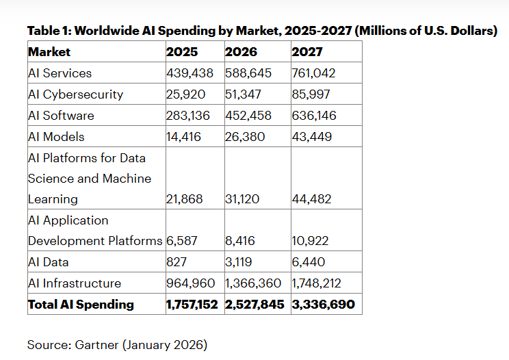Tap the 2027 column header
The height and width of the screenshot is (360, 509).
point(307,52)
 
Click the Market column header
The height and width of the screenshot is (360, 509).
point(49,52)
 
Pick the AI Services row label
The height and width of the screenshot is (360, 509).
point(60,73)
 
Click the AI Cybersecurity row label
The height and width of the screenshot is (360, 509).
point(75,94)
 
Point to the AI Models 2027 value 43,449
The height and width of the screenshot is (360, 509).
point(311,137)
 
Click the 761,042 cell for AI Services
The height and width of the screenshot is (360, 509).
point(313,73)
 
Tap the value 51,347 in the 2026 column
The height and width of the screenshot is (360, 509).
point(244,94)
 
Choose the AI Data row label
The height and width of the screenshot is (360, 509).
point(48,262)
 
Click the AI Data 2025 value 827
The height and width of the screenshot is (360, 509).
point(177,262)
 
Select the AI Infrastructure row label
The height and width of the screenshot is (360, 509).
point(75,283)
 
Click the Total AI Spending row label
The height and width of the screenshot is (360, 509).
point(81,305)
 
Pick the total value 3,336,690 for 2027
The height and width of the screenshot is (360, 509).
point(323,305)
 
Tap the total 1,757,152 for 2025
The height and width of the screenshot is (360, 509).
point(194,305)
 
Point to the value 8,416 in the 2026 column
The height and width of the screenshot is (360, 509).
point(239,241)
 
